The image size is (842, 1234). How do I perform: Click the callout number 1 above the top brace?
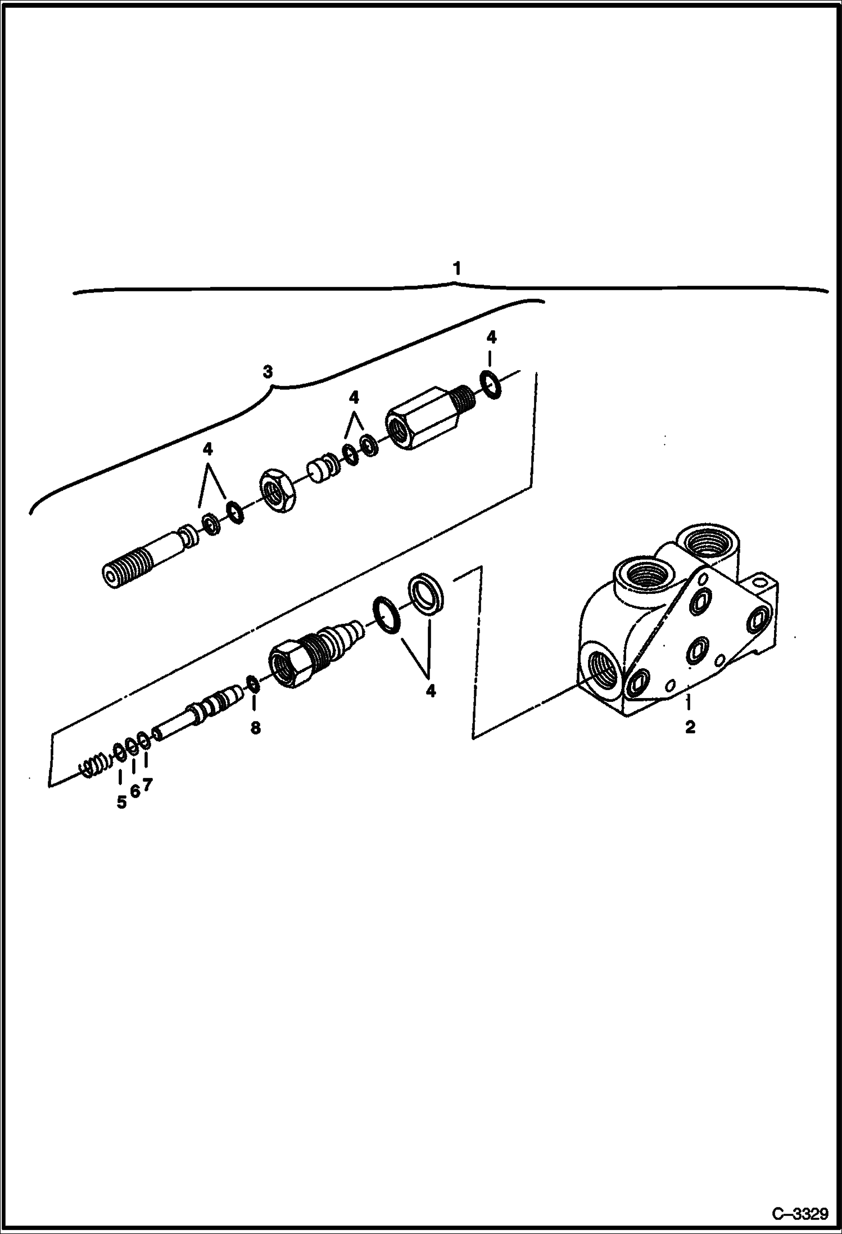(x=457, y=268)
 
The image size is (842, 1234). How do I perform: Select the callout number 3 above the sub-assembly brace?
(x=268, y=372)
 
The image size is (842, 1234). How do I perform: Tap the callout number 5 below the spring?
(x=121, y=803)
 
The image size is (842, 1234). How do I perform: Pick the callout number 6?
(x=134, y=791)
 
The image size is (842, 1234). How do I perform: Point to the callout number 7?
(x=147, y=784)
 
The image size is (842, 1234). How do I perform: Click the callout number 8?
(x=255, y=728)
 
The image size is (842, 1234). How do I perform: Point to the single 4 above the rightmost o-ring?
(x=491, y=337)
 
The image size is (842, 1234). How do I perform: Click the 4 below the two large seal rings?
(x=431, y=691)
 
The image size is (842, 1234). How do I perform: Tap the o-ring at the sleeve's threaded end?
(x=491, y=385)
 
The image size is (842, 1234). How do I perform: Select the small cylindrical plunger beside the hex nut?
(x=318, y=470)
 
